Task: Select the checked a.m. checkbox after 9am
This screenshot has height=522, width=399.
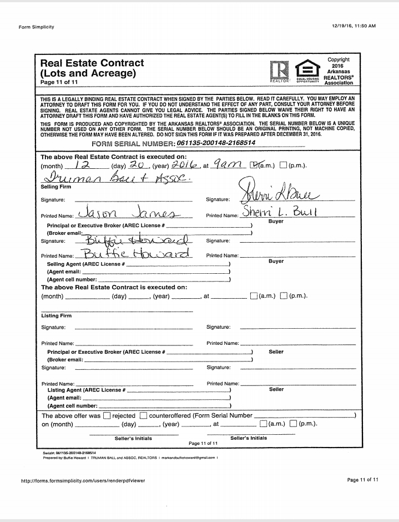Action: click(254, 165)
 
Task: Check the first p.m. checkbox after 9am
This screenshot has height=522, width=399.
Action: click(283, 165)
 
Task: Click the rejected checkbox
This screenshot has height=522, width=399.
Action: click(107, 415)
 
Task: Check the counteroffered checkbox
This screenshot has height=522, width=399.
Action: click(143, 415)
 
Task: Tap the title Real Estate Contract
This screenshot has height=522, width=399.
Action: click(92, 63)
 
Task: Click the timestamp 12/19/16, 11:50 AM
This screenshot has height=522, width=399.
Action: click(353, 26)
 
